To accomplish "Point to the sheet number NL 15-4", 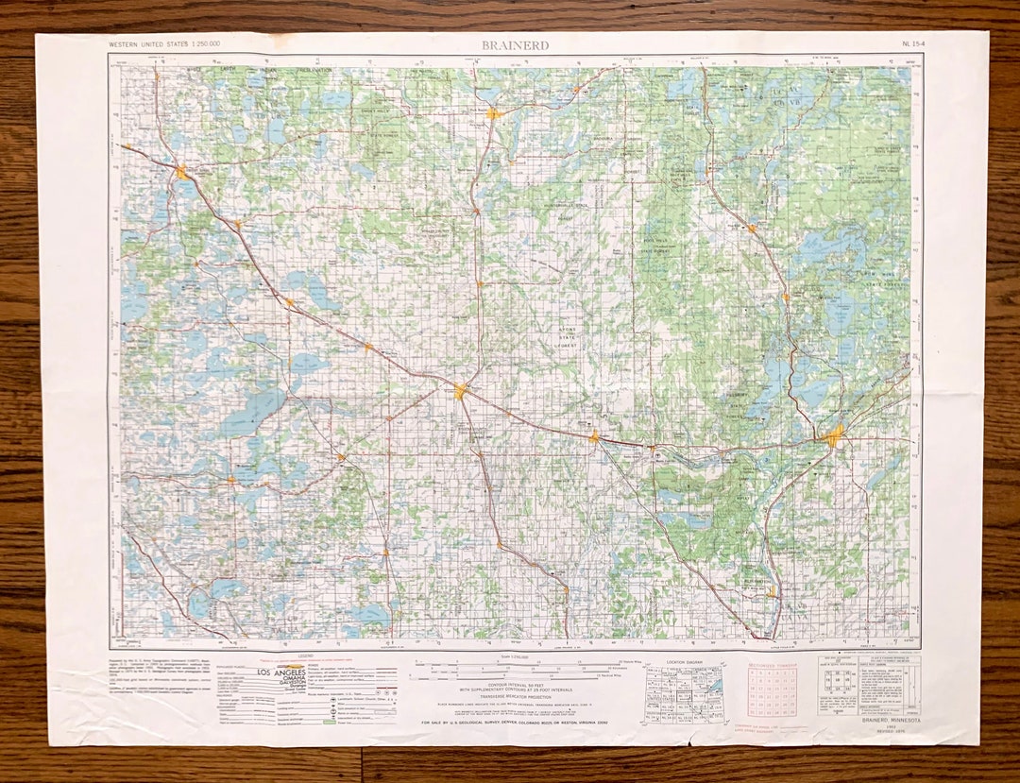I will (x=913, y=44).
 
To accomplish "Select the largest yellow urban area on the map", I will (x=834, y=434).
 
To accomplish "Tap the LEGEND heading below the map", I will (x=305, y=655).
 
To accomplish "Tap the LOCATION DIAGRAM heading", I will (x=682, y=661).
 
